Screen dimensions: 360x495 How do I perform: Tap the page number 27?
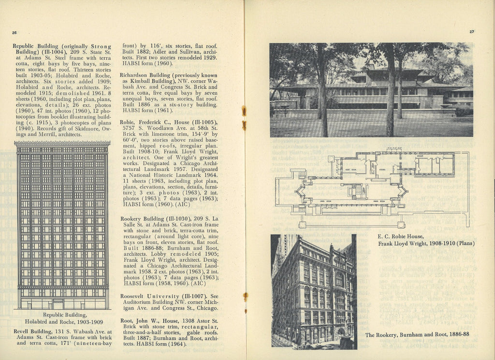[471, 32]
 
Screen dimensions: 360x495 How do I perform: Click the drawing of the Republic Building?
[62, 225]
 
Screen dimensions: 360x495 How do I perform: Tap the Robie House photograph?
[371, 90]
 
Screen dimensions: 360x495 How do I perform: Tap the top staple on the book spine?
[244, 111]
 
